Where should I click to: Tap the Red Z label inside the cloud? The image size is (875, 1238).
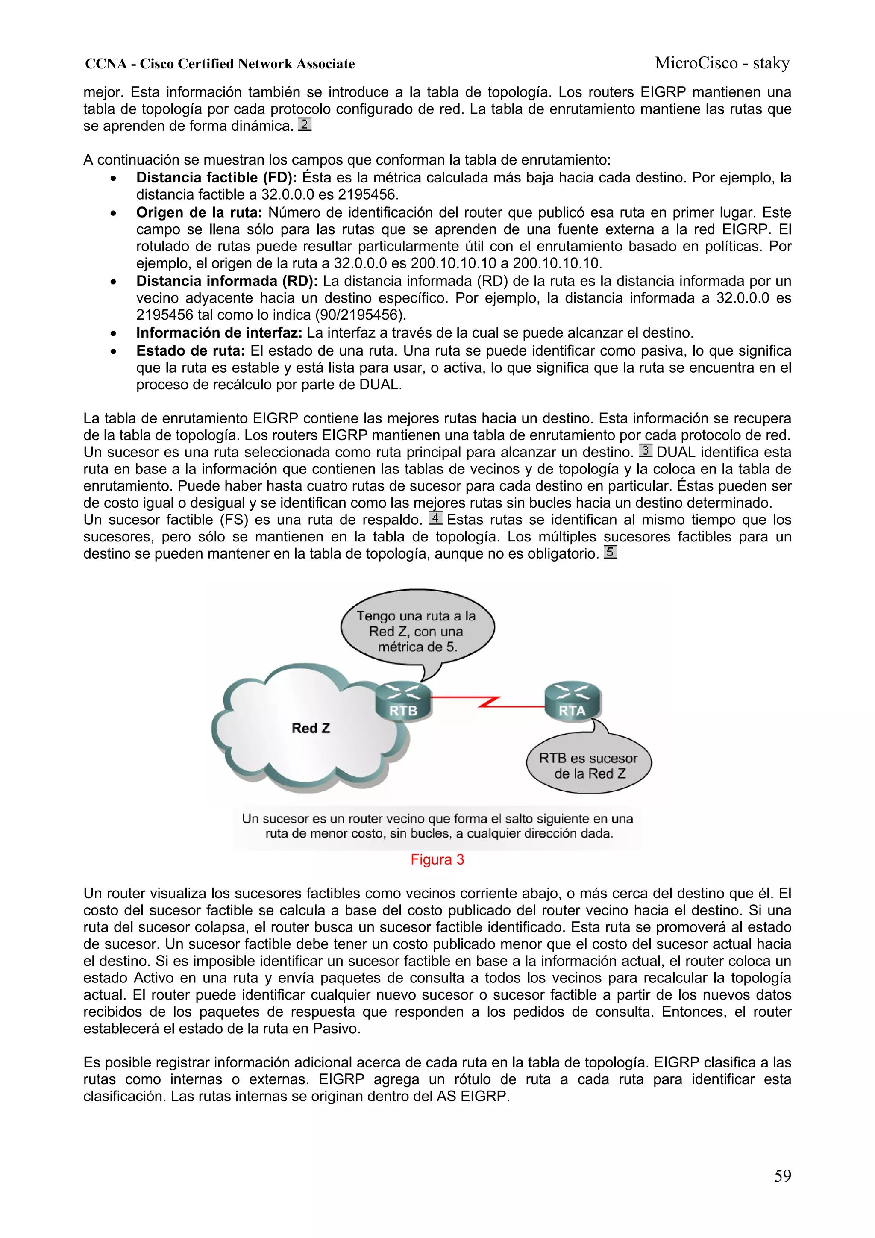pos(311,729)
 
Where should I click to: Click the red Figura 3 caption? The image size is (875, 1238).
pos(437,859)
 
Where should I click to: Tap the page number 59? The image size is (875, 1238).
pos(782,1176)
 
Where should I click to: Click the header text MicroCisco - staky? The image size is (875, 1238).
pos(722,63)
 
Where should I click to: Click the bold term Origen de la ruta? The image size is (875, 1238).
pos(199,212)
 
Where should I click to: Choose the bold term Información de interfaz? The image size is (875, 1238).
pos(219,333)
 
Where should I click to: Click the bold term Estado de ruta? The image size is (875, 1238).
pos(190,350)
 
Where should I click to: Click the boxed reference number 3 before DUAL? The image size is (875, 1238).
pos(645,450)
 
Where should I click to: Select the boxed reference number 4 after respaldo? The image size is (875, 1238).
pos(436,518)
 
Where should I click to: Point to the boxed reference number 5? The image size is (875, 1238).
pos(610,552)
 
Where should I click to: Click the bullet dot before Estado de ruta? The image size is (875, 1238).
pos(113,352)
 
